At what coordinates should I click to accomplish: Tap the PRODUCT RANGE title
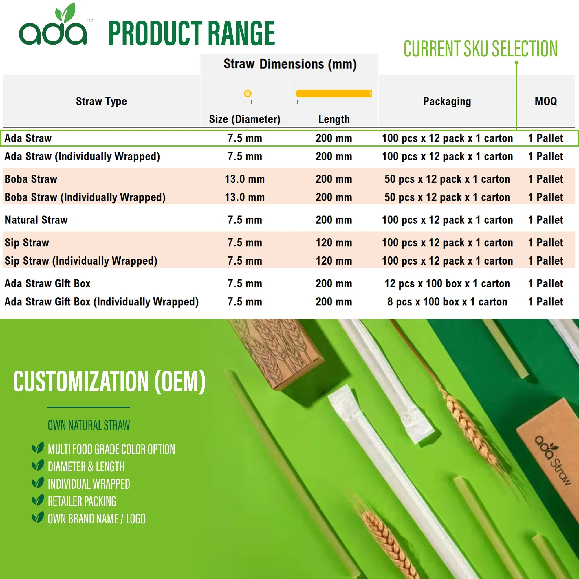click(191, 34)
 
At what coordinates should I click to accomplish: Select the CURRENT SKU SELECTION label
click(480, 49)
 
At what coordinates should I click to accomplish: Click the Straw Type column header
click(101, 101)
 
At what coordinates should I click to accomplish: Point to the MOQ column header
click(546, 101)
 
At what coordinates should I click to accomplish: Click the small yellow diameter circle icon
click(248, 94)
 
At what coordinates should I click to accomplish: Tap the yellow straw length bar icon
click(334, 94)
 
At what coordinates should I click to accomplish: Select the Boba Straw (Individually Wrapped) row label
click(85, 197)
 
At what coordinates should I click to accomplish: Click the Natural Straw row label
click(36, 220)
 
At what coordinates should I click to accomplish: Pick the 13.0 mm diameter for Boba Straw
click(245, 179)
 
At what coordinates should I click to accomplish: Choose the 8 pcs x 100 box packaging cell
click(447, 302)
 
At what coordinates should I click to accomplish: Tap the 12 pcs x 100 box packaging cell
click(447, 283)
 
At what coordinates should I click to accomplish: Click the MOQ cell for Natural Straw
click(545, 220)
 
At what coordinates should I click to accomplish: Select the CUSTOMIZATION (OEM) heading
click(110, 381)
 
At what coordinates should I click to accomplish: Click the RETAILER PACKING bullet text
click(82, 502)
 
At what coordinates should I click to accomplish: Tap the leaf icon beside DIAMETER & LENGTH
click(38, 466)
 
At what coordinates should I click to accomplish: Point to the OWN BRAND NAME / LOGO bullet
click(96, 519)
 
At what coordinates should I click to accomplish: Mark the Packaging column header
click(447, 101)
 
